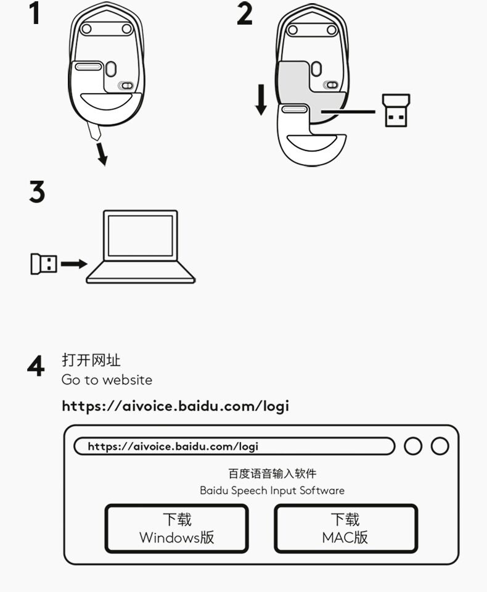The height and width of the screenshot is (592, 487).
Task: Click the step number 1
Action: coord(36,14)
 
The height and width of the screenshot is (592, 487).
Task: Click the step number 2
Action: coord(245,14)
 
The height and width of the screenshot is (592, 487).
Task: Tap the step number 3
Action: coord(37,192)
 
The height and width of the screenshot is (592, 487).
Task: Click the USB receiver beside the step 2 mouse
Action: coord(395,111)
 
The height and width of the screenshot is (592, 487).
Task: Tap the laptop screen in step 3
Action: coord(140,235)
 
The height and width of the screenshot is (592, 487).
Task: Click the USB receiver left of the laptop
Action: coord(43,264)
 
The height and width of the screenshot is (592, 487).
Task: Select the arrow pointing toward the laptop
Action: coord(74,264)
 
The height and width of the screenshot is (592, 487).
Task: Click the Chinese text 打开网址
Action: coord(91,360)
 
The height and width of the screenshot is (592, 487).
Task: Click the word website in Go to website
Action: coord(127,380)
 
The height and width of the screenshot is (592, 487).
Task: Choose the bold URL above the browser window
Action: coord(175,406)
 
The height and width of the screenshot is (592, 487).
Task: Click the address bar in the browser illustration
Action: coord(234,446)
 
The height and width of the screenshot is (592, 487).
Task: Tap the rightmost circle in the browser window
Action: coord(440,446)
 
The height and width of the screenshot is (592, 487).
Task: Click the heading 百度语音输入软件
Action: coord(272,474)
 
